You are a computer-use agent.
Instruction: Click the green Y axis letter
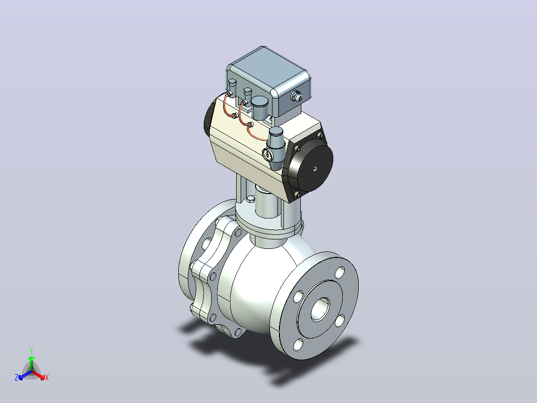click(x=31, y=351)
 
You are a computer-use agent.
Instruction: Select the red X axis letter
click(x=47, y=378)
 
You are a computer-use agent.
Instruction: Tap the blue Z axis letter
click(x=16, y=378)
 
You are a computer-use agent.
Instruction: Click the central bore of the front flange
click(x=321, y=309)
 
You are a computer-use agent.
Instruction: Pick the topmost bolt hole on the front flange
click(x=340, y=273)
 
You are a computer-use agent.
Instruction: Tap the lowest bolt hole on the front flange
click(x=298, y=345)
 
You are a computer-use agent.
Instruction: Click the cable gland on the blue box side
click(x=296, y=96)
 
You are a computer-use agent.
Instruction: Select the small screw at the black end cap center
click(x=315, y=168)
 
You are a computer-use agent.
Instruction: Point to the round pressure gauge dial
click(x=267, y=155)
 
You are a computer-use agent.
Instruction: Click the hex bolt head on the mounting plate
click(x=251, y=200)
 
